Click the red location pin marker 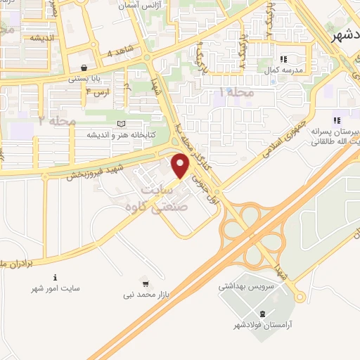pyautogui.click(x=181, y=166)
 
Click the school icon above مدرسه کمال pyautogui.click(x=284, y=60)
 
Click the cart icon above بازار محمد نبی pyautogui.click(x=146, y=284)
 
